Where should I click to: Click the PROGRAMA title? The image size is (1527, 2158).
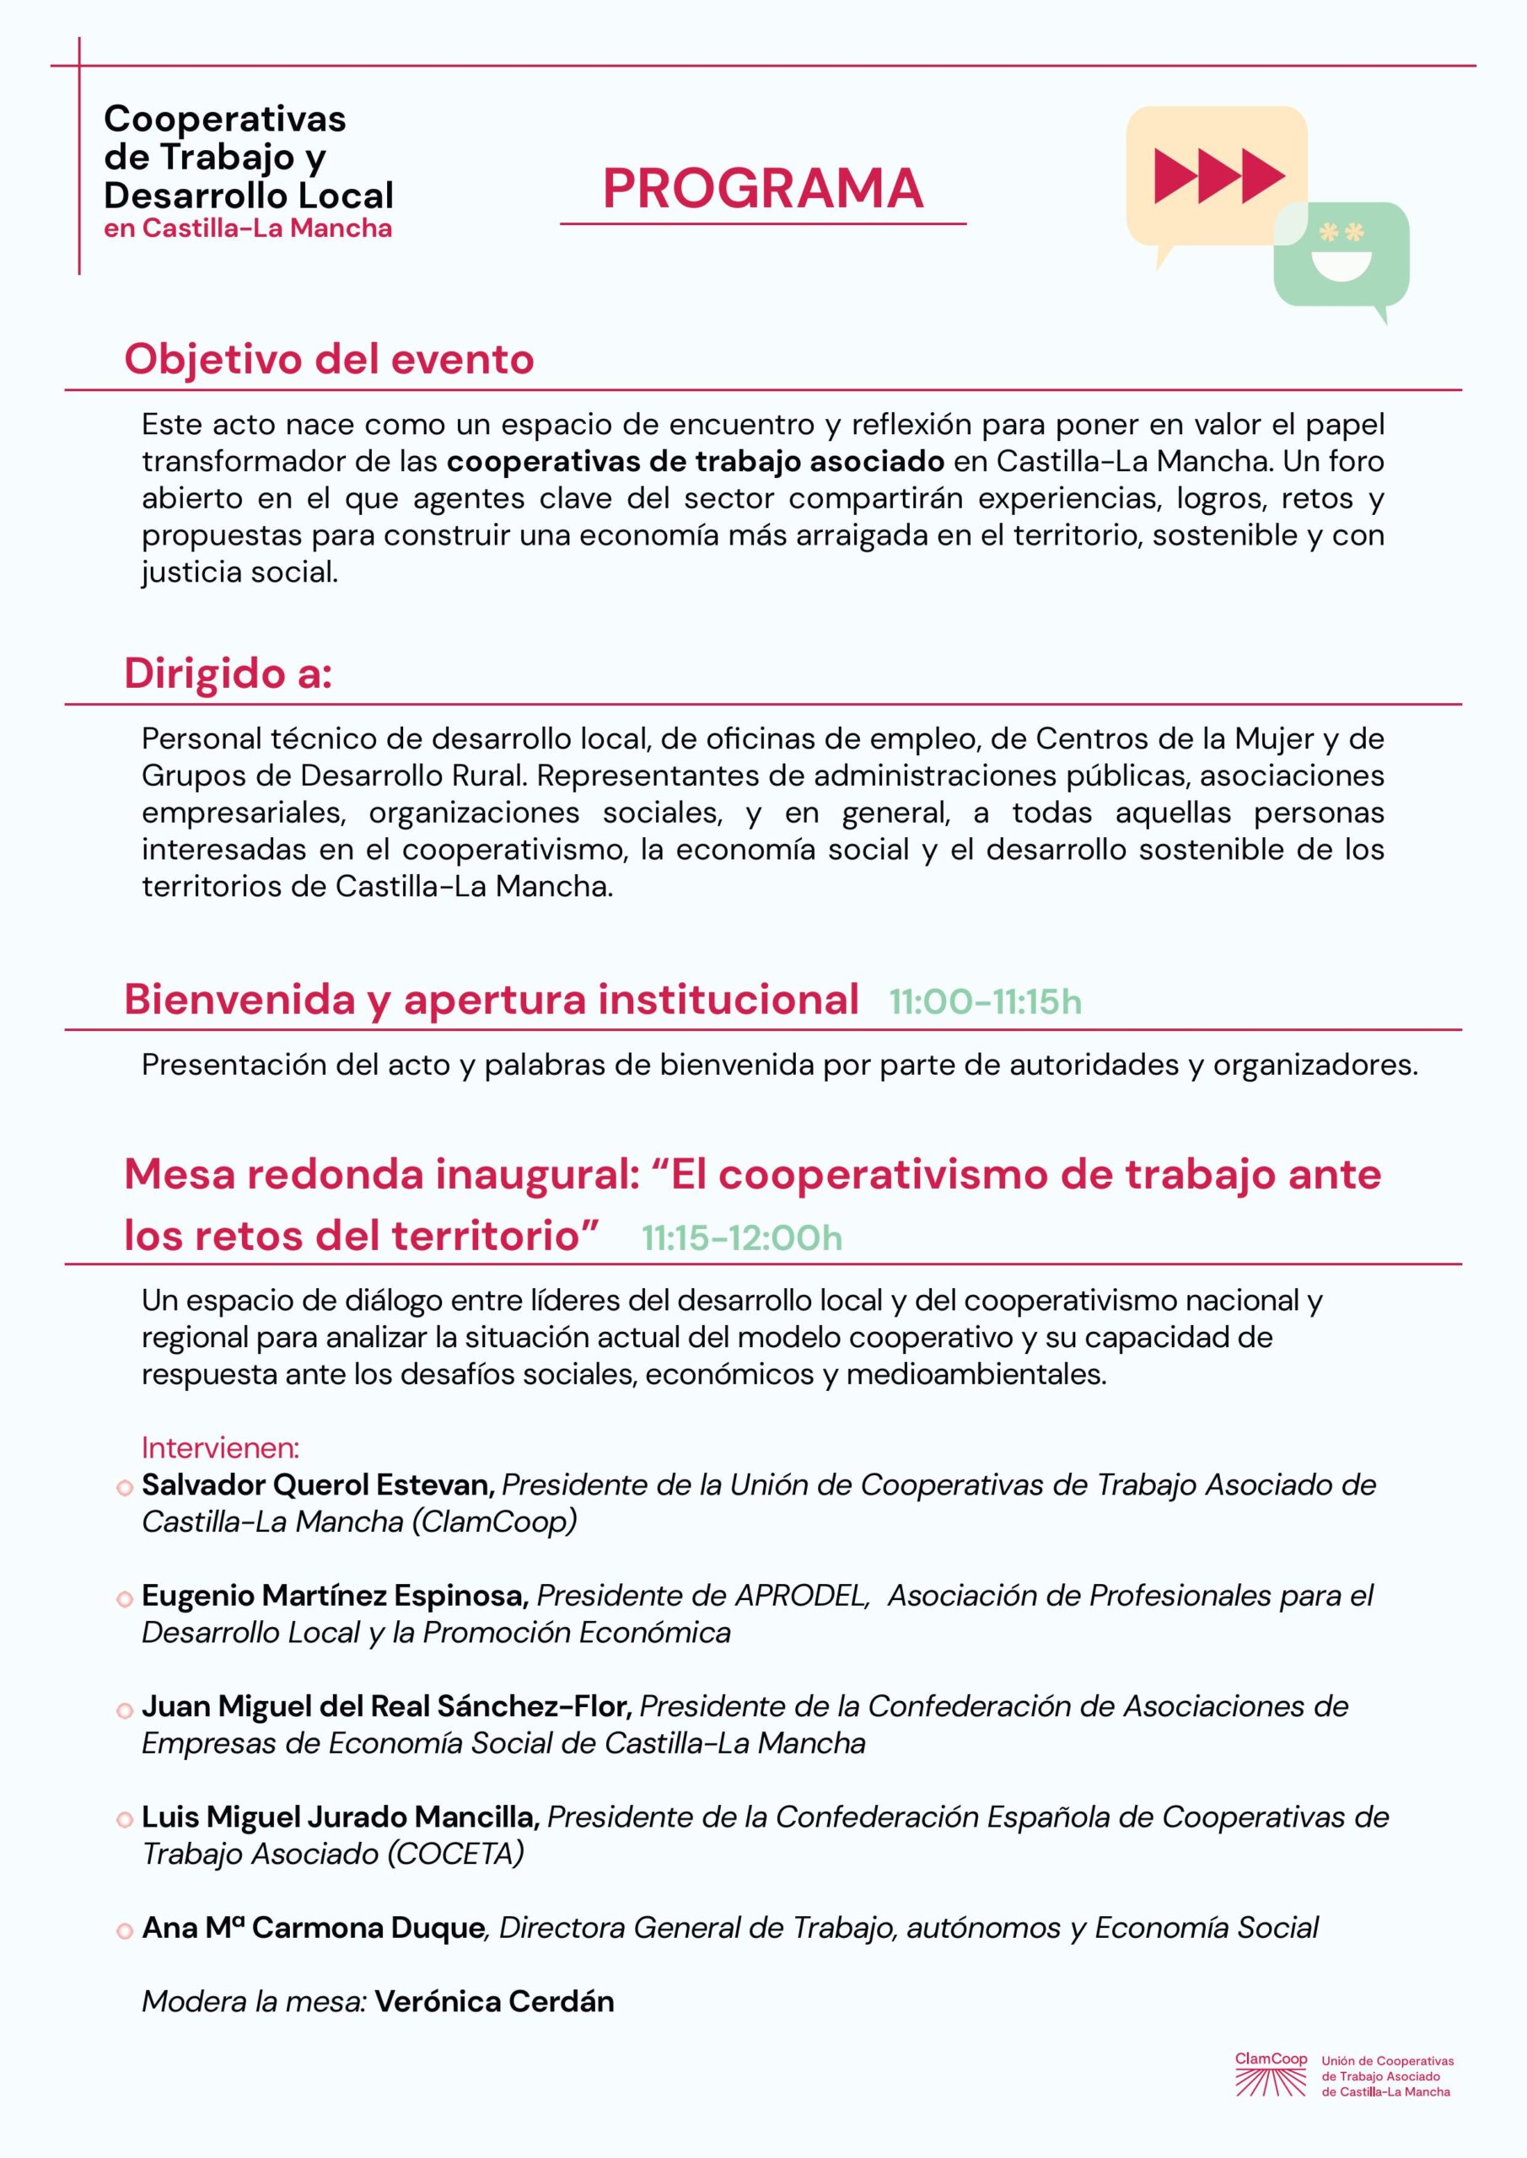tap(762, 188)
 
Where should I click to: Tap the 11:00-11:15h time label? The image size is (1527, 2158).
tap(985, 1003)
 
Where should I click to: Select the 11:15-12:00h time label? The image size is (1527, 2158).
tap(741, 1237)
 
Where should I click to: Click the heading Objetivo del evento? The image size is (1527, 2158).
tap(329, 359)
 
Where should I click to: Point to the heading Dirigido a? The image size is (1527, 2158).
tap(228, 674)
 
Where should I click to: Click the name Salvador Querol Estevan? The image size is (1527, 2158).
tap(318, 1485)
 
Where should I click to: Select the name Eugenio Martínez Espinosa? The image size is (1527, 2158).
tap(335, 1595)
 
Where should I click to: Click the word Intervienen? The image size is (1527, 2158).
tap(220, 1447)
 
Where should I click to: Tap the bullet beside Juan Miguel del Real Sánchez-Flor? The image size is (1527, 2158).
tap(124, 1710)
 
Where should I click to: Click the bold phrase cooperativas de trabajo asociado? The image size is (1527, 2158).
tap(696, 461)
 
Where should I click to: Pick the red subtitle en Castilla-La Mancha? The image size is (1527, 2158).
tap(248, 228)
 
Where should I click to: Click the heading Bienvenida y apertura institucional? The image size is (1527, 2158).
tap(491, 1000)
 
